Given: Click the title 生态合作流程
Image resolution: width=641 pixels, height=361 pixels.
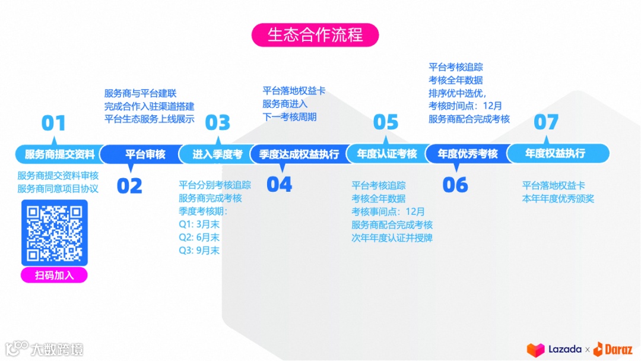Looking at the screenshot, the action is point(315,35).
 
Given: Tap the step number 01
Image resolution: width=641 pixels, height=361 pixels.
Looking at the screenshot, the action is point(53,123).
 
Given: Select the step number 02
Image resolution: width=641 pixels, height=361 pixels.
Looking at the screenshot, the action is point(129,186).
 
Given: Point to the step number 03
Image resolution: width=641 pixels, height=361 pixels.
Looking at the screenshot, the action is point(217,123).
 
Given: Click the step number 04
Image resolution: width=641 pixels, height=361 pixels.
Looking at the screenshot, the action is point(279,185).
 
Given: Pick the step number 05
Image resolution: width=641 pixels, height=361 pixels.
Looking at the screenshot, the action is point(386,122).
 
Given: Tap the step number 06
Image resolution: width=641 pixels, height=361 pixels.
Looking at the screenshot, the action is point(455,185).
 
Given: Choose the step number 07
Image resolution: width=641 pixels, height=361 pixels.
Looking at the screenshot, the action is point(546,122).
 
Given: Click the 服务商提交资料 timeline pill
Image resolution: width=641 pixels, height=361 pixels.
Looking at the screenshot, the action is point(59,154).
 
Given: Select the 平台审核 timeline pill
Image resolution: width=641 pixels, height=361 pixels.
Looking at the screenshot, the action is point(145,154).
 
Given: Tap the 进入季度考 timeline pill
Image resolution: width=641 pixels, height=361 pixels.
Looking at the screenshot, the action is point(217,154).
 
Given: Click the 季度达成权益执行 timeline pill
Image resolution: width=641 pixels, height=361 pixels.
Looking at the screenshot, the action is point(299,154).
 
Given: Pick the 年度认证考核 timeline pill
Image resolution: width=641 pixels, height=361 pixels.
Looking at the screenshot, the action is point(387,154).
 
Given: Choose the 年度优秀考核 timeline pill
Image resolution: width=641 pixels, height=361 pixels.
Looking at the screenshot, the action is point(468,154).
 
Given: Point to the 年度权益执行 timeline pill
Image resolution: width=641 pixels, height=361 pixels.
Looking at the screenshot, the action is point(555,154).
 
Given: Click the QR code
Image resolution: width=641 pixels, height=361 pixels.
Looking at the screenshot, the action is point(55,233).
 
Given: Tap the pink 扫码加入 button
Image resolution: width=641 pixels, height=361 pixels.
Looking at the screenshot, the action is point(54,275).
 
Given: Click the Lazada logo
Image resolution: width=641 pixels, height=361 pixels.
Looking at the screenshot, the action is point(554,349).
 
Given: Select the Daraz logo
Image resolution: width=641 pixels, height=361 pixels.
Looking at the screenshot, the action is point(613,349).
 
